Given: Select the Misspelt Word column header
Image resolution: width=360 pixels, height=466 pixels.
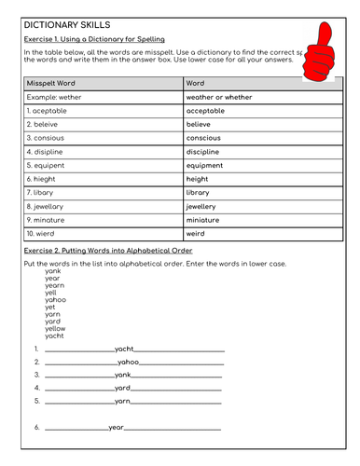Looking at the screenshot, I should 50,83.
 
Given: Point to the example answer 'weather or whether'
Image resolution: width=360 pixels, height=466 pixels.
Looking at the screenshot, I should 219,96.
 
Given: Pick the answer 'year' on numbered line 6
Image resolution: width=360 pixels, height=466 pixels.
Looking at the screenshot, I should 117,427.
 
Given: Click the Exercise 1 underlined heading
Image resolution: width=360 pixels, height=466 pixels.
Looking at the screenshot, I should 94,39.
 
